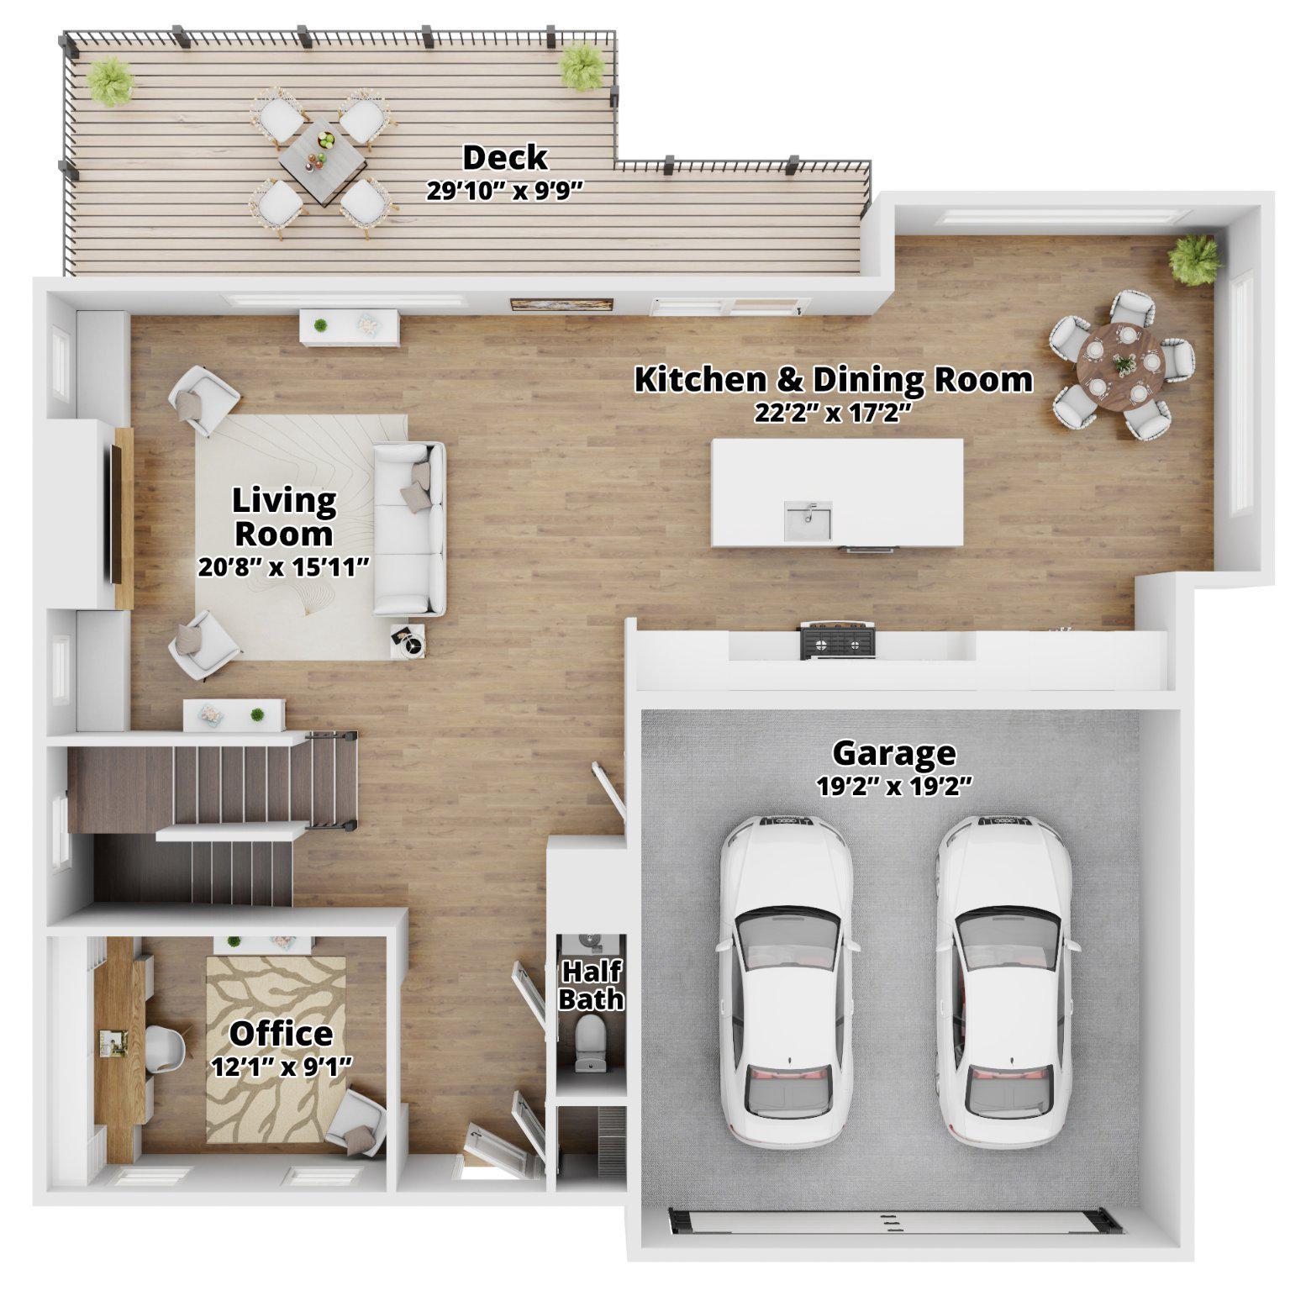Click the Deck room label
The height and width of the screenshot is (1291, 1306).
click(504, 158)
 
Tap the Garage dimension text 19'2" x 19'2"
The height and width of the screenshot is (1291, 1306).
click(893, 786)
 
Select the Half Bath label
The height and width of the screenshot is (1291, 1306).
click(591, 985)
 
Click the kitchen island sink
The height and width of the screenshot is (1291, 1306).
click(808, 520)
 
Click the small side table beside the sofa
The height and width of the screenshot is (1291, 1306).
click(409, 642)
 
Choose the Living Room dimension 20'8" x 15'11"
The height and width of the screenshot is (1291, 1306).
click(284, 567)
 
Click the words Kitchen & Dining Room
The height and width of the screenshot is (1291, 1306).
click(832, 380)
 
